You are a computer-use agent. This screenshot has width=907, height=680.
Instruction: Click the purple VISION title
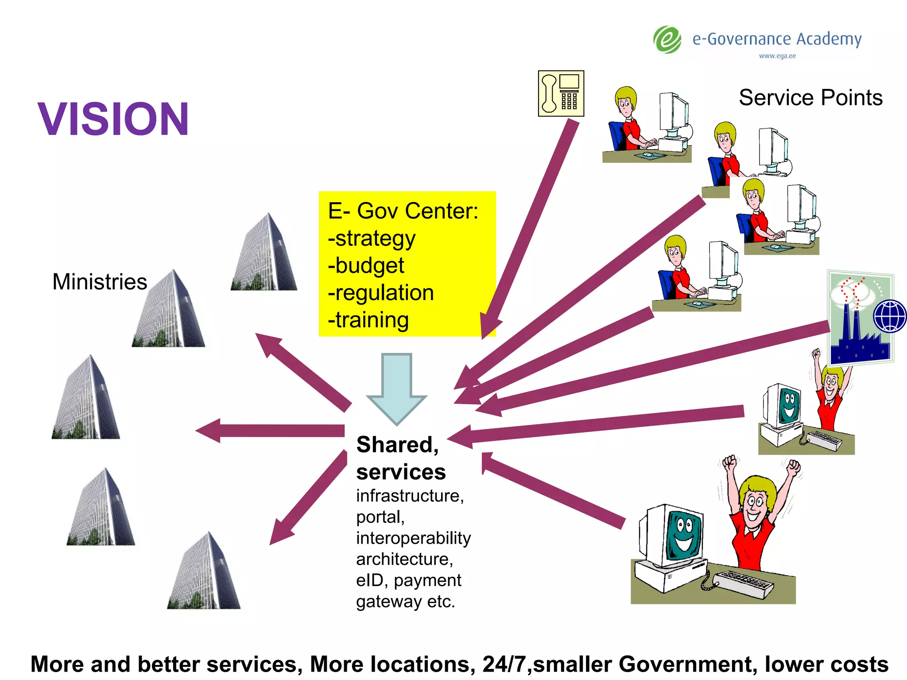pos(113,119)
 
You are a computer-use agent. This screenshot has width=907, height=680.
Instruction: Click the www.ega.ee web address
pos(777,56)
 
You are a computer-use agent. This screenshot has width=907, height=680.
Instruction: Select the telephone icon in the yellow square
pos(561,93)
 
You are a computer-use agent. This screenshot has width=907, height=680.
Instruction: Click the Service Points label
pos(810,97)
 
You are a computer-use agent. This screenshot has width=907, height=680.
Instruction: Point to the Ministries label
pos(100,282)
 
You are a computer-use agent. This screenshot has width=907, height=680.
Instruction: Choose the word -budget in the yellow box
pos(366,266)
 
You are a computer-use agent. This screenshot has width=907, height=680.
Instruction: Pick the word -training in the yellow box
pos(368,320)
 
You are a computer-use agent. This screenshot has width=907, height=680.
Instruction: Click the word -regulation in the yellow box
pos(381,293)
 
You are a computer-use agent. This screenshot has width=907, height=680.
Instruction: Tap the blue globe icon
pos(889,316)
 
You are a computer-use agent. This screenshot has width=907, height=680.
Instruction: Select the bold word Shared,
pos(397,444)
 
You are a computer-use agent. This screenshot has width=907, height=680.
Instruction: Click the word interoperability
pos(413,538)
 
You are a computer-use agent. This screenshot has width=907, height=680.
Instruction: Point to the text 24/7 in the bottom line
pos(507,664)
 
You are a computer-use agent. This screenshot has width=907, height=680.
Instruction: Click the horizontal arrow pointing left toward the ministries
pos(270,430)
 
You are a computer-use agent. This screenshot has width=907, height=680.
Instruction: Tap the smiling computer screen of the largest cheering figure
pos(684,537)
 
